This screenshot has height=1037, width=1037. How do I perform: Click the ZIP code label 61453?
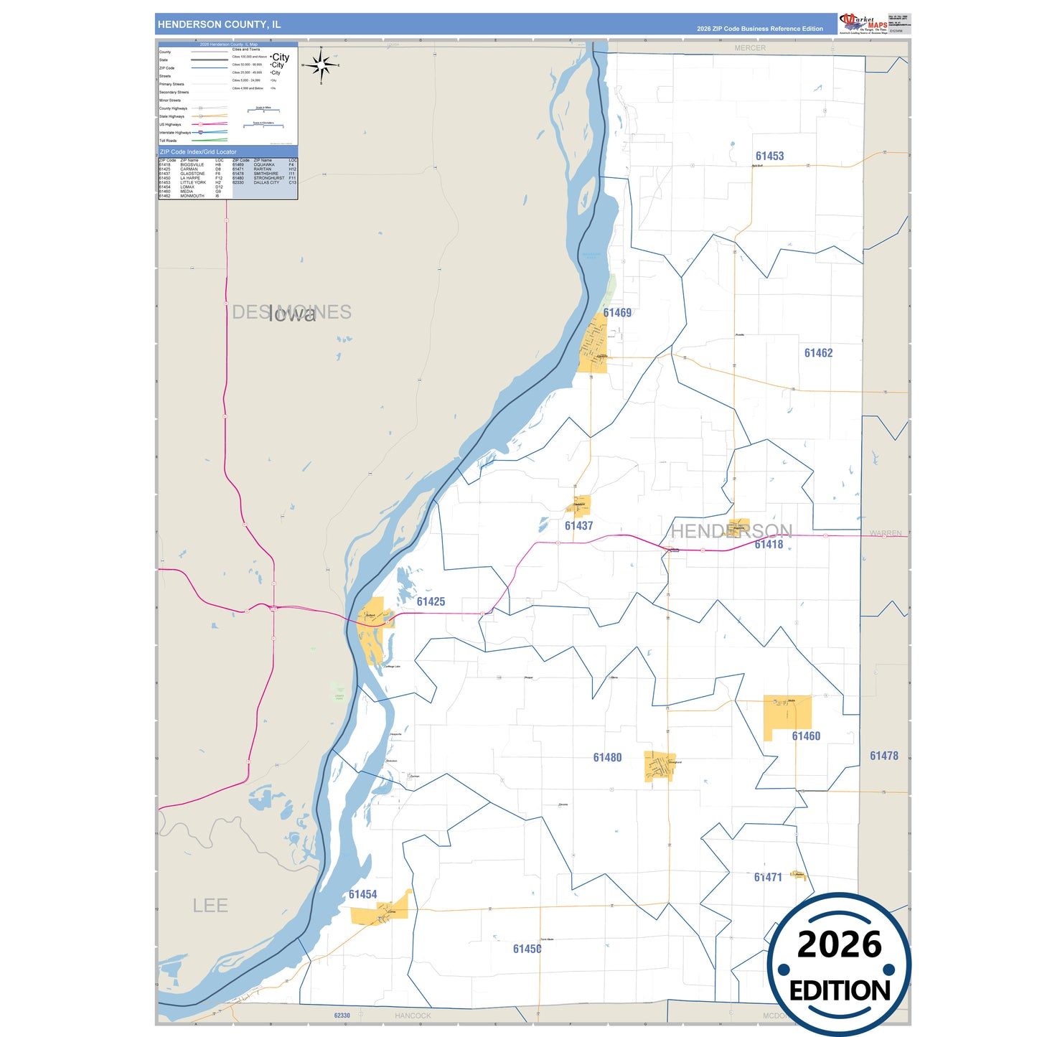pyautogui.click(x=769, y=156)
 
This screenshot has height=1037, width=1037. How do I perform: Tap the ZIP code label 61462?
pyautogui.click(x=818, y=353)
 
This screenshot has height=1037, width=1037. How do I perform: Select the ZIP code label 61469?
pyautogui.click(x=617, y=313)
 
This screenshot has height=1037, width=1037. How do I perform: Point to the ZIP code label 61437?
pyautogui.click(x=578, y=526)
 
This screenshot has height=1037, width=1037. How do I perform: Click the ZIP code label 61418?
pyautogui.click(x=769, y=545)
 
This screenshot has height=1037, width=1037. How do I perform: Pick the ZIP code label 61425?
pyautogui.click(x=431, y=602)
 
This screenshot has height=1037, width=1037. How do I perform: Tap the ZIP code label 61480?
pyautogui.click(x=607, y=758)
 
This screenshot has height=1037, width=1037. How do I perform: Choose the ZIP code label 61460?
pyautogui.click(x=806, y=736)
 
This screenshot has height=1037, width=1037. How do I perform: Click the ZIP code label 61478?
pyautogui.click(x=883, y=756)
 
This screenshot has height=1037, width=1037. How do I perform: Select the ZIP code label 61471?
pyautogui.click(x=768, y=878)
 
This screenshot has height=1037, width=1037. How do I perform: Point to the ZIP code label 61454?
pyautogui.click(x=362, y=895)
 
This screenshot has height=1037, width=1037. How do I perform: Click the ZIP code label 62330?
pyautogui.click(x=342, y=1015)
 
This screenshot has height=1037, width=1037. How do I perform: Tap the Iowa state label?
pyautogui.click(x=292, y=314)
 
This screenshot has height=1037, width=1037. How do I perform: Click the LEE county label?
pyautogui.click(x=210, y=906)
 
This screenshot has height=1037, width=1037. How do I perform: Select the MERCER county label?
pyautogui.click(x=750, y=48)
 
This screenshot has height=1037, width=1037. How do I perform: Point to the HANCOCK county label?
pyautogui.click(x=413, y=1015)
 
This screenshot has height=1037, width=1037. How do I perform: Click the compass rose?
pyautogui.click(x=321, y=65)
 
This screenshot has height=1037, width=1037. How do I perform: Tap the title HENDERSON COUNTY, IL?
pyautogui.click(x=220, y=24)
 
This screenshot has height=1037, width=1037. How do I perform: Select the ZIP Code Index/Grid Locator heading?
pyautogui.click(x=198, y=152)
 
